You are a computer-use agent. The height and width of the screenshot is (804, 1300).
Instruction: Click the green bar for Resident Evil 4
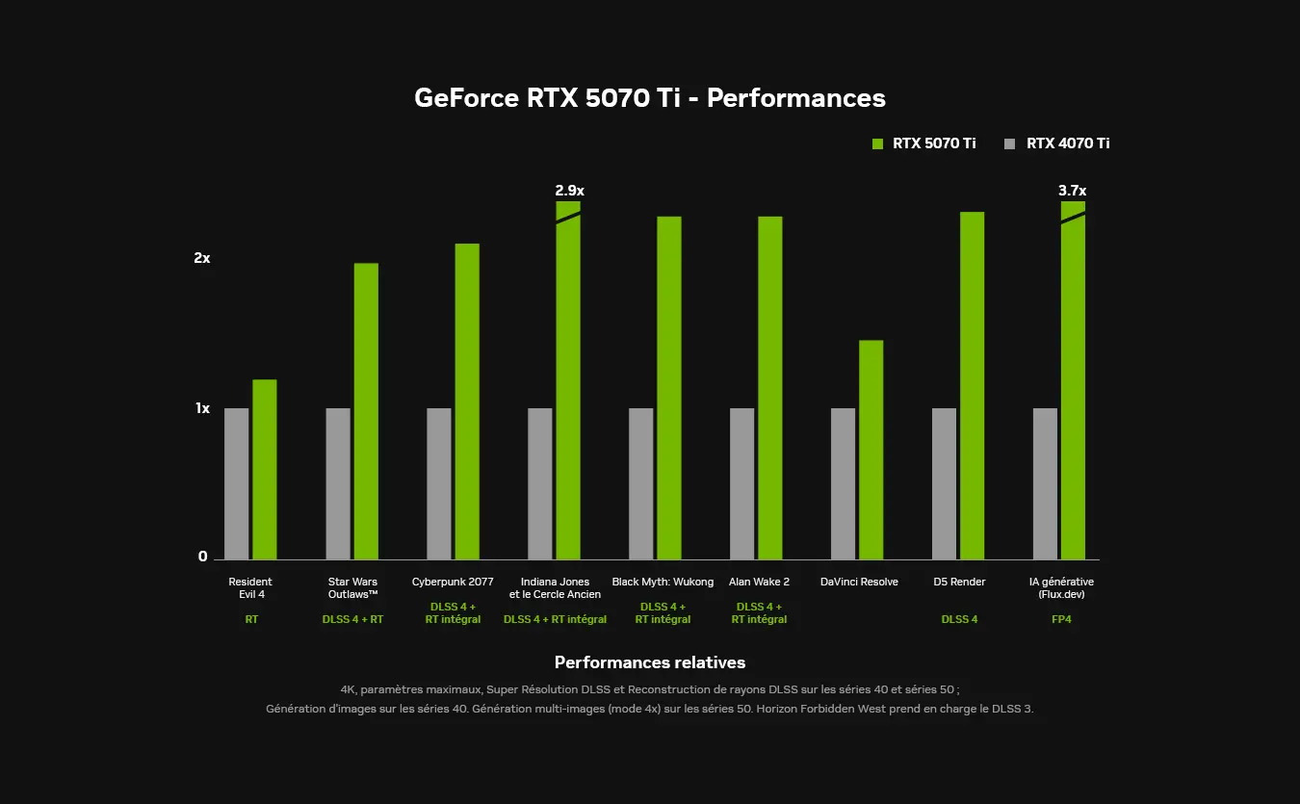pos(265,469)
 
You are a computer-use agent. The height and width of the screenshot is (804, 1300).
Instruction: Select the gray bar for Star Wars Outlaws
pos(338,483)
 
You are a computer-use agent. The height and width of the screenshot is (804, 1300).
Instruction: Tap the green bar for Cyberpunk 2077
pos(467,401)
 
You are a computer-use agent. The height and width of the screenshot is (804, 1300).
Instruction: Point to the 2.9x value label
pos(569,191)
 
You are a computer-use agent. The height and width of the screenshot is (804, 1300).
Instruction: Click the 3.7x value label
pos(1072,191)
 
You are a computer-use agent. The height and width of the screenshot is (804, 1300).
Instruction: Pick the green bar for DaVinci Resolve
pos(871,450)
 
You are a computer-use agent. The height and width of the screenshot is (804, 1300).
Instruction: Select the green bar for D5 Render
pos(972,385)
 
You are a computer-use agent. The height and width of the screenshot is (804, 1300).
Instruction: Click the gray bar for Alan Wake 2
pos(741,483)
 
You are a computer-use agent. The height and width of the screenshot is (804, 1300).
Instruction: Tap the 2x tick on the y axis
pos(201,258)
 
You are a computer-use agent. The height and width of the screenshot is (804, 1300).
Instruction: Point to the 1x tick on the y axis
pos(202,408)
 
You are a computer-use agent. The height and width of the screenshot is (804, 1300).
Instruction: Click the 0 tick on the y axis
pos(203,557)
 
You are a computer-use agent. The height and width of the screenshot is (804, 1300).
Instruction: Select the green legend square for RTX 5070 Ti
pos(877,143)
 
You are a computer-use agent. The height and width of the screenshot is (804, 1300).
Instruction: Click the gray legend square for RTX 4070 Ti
pos(1010,143)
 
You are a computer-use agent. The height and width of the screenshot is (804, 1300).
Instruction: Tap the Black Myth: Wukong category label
pos(663,582)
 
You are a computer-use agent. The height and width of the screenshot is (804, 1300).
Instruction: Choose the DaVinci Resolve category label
pos(859,582)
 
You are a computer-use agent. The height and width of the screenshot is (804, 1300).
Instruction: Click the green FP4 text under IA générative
pos(1061,619)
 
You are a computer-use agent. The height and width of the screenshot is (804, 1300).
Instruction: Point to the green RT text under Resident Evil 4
pos(251,619)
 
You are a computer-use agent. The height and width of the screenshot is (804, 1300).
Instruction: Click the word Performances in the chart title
pos(796,97)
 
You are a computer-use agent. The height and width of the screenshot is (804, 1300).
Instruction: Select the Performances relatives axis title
pos(650,662)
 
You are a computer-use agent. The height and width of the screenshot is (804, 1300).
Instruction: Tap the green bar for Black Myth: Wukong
pos(669,387)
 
